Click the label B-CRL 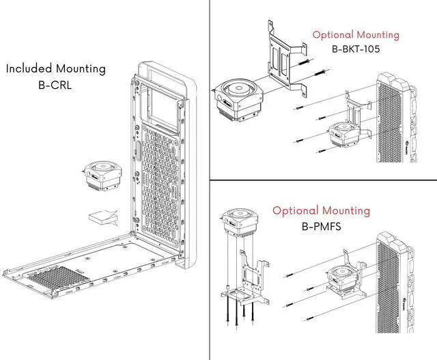click(55, 85)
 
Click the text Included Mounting click(56, 69)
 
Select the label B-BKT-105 click(356, 49)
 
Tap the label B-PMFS click(322, 226)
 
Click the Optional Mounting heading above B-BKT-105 click(356, 35)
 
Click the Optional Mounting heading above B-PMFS click(322, 210)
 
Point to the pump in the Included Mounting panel click(103, 175)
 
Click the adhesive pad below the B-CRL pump click(103, 217)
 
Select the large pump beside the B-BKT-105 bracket click(238, 100)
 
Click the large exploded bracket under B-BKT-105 click(287, 59)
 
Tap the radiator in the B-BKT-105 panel click(396, 117)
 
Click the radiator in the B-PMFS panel click(395, 283)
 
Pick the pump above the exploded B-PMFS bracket click(240, 222)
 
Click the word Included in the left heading click(29, 68)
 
